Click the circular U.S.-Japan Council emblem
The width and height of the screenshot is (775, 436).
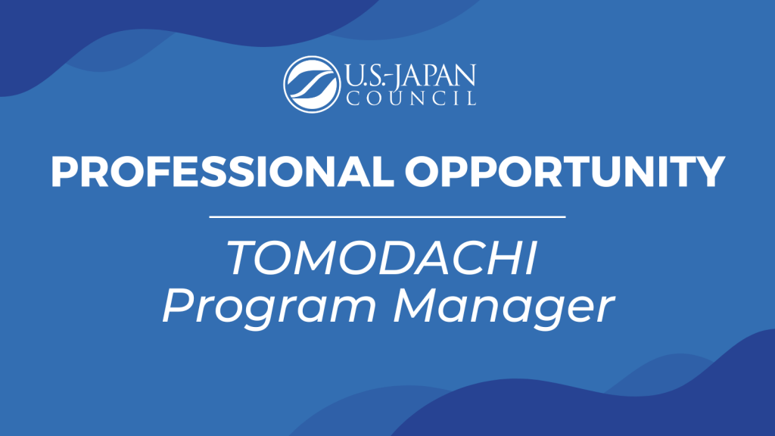click(x=312, y=84)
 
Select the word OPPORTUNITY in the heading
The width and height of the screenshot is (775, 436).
click(x=565, y=172)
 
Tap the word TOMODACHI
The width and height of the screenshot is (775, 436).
click(x=382, y=257)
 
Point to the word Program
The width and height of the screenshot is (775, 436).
click(x=269, y=307)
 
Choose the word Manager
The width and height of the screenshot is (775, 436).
click(x=503, y=307)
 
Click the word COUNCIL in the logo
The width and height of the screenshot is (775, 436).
click(x=411, y=98)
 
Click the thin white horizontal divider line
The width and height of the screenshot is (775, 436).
click(x=387, y=216)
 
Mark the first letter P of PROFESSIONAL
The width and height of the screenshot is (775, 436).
click(x=65, y=172)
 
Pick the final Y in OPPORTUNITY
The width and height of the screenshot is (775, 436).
click(x=709, y=172)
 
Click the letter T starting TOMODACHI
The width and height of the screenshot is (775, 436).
click(x=243, y=257)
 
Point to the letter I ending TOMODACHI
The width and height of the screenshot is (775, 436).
click(x=531, y=257)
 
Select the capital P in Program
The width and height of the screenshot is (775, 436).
click(x=178, y=306)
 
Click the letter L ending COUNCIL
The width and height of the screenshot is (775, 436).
click(x=472, y=98)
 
